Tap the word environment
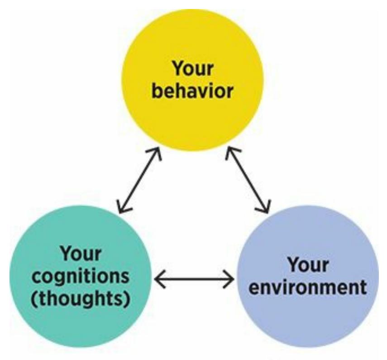point(308,287)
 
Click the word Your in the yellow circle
point(192,69)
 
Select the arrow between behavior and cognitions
point(139,180)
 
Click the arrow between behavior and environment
point(247,180)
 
